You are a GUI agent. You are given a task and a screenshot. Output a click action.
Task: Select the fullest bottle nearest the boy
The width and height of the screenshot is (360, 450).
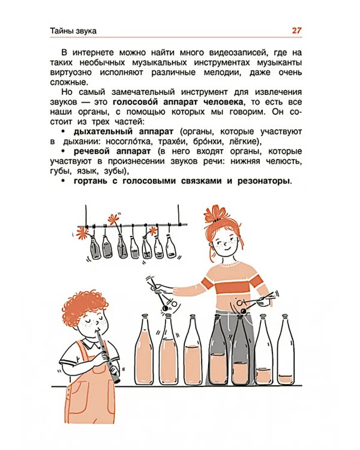point(145,354)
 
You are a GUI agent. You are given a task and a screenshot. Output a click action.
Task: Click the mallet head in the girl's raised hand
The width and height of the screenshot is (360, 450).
point(164,308)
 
